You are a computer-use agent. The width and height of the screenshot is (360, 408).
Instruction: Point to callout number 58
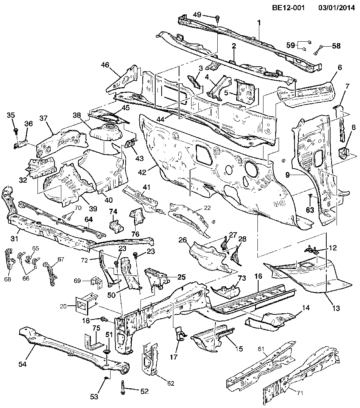click(336, 46)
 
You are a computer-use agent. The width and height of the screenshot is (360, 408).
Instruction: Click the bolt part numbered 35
click(16, 131)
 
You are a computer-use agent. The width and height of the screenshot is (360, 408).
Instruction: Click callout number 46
click(105, 65)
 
